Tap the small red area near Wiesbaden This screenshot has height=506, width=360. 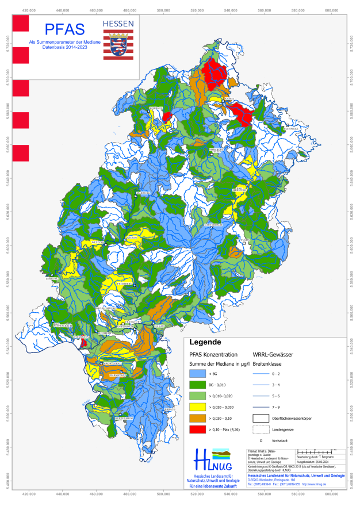(84, 342)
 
